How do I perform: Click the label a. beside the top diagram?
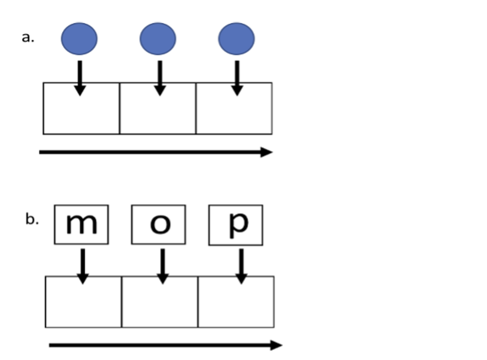pyautogui.click(x=28, y=38)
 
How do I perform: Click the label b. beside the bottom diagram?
pyautogui.click(x=32, y=220)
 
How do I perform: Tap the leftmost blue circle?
pyautogui.click(x=79, y=39)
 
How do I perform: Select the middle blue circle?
pyautogui.click(x=158, y=39)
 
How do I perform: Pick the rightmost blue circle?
pyautogui.click(x=236, y=39)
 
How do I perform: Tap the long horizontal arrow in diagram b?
pyautogui.click(x=165, y=345)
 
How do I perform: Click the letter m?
pyautogui.click(x=81, y=224)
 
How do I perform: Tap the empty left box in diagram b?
pyautogui.click(x=84, y=306)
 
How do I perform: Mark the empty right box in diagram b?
pyautogui.click(x=236, y=306)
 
